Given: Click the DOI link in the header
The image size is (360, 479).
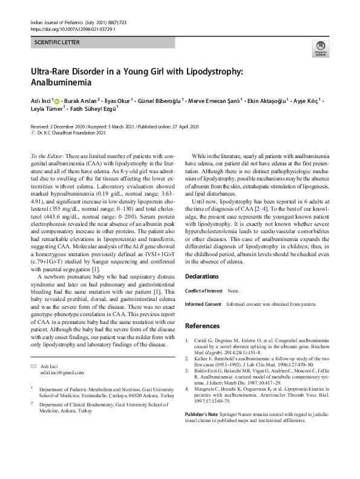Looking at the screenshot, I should point(73,28).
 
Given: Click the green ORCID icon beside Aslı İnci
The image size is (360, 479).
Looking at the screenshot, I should point(57,100).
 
